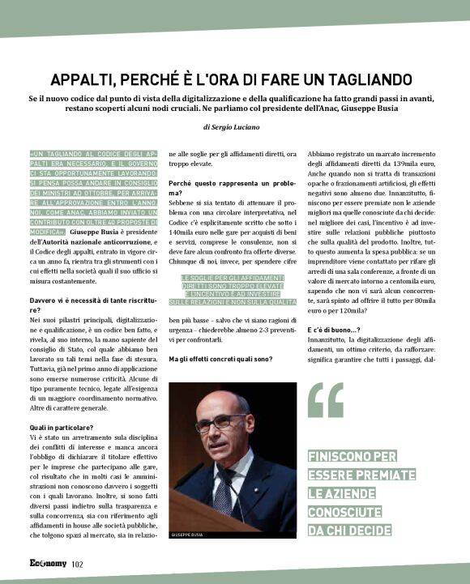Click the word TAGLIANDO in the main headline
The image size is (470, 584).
tap(365, 79)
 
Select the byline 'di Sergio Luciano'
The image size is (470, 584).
tap(234, 127)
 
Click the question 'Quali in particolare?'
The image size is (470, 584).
tap(62, 426)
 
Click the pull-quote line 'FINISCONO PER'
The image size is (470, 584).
tap(352, 457)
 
